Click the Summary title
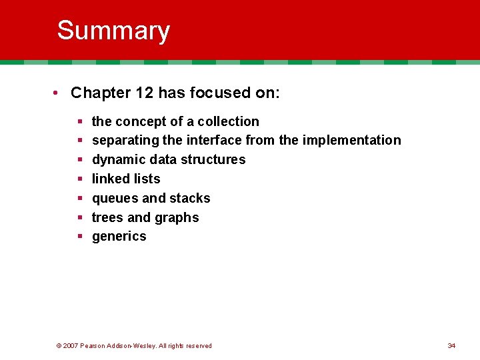[113, 31]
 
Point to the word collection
[227, 121]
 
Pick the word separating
[125, 141]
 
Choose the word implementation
[351, 141]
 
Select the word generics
[119, 237]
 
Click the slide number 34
[451, 345]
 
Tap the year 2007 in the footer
[71, 345]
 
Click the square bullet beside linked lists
[80, 179]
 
